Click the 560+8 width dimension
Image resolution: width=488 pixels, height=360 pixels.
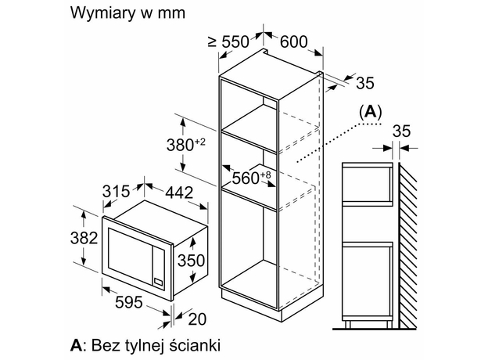249,178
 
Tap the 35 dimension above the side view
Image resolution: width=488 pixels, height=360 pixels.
400,130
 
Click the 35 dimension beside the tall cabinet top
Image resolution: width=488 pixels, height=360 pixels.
364,84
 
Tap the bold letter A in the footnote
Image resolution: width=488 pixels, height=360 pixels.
76,344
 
